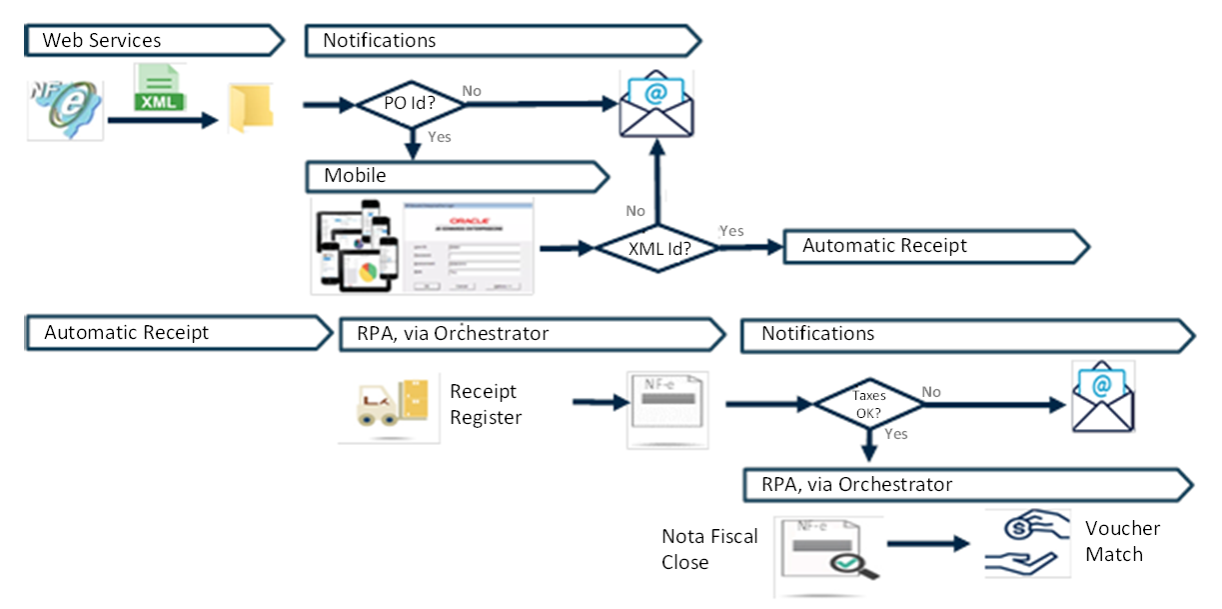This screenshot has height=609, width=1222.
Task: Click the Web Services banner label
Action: (x=102, y=41)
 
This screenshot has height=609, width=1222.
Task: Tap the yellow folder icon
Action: (x=250, y=109)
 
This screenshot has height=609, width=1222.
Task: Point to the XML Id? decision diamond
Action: (x=657, y=247)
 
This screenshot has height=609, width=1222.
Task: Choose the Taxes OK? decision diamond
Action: (x=868, y=403)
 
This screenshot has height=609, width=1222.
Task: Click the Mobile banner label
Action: (x=355, y=176)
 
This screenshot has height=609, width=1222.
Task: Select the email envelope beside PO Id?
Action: (x=655, y=104)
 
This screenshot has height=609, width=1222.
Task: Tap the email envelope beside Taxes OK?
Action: (x=1103, y=397)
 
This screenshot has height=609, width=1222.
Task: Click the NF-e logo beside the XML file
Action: (x=64, y=109)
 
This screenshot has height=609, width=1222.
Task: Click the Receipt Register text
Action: (x=486, y=404)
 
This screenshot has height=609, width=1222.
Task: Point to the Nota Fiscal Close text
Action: (x=709, y=549)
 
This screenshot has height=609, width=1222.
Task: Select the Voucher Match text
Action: (x=1123, y=541)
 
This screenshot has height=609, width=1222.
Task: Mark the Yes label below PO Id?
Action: (x=440, y=136)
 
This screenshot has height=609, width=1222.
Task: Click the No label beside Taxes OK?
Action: (x=931, y=392)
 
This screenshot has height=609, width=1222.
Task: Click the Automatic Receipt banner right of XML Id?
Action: (x=884, y=245)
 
